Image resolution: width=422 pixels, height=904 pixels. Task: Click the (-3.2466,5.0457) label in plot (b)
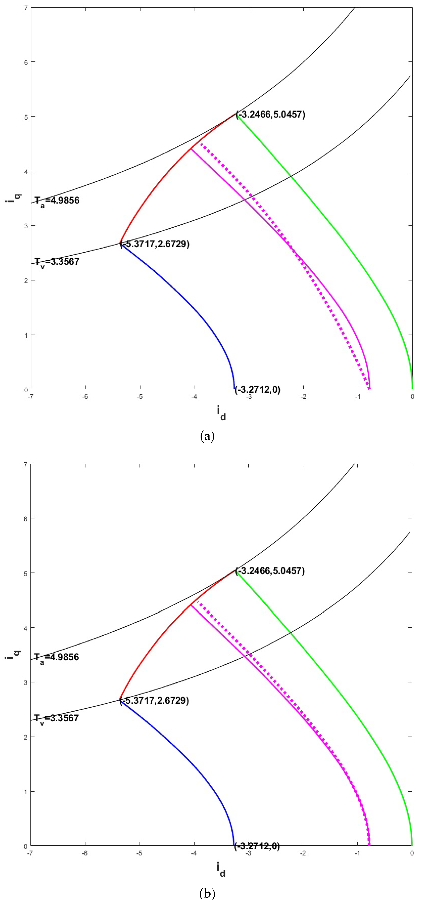click(270, 571)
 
